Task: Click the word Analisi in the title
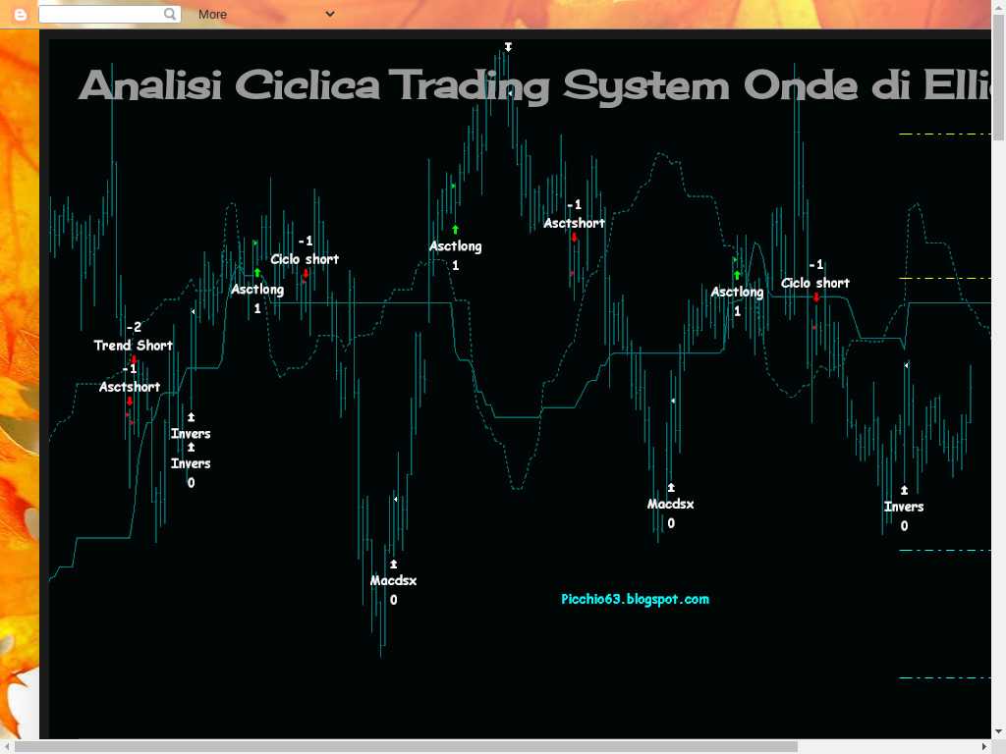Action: pos(150,84)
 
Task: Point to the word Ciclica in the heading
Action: pos(307,84)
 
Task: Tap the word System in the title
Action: pos(646,86)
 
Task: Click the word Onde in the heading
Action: pos(801,84)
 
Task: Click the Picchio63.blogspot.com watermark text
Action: pos(636,599)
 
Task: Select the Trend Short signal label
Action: pos(134,346)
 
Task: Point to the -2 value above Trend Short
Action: pos(134,327)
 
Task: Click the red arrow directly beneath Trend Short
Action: pos(134,359)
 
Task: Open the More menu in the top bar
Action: pos(212,14)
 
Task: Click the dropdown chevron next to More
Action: pos(330,14)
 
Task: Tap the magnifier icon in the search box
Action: pos(170,14)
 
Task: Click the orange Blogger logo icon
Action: pos(21,14)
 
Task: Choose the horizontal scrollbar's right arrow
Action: pos(984,747)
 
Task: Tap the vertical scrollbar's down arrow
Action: pos(999,731)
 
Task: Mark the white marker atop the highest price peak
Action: pos(508,47)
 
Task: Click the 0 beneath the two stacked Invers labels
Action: pos(192,483)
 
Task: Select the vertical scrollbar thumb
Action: pos(999,77)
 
